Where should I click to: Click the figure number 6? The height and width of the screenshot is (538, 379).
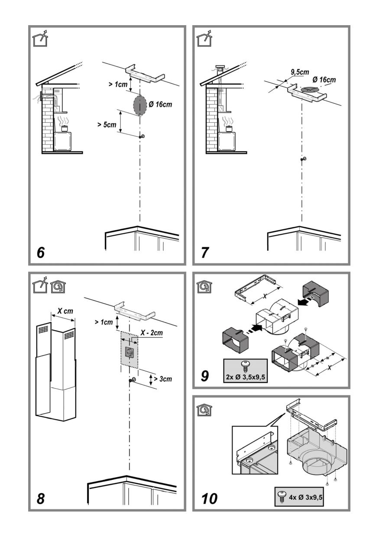tap(41, 253)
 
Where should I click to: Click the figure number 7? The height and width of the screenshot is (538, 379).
tap(205, 253)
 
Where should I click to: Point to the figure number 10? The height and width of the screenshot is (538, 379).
tap(209, 499)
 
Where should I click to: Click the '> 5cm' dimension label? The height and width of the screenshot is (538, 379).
tap(107, 125)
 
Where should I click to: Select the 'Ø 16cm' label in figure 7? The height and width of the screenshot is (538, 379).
tap(324, 79)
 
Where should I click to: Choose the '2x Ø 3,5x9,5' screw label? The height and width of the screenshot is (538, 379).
tap(246, 377)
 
